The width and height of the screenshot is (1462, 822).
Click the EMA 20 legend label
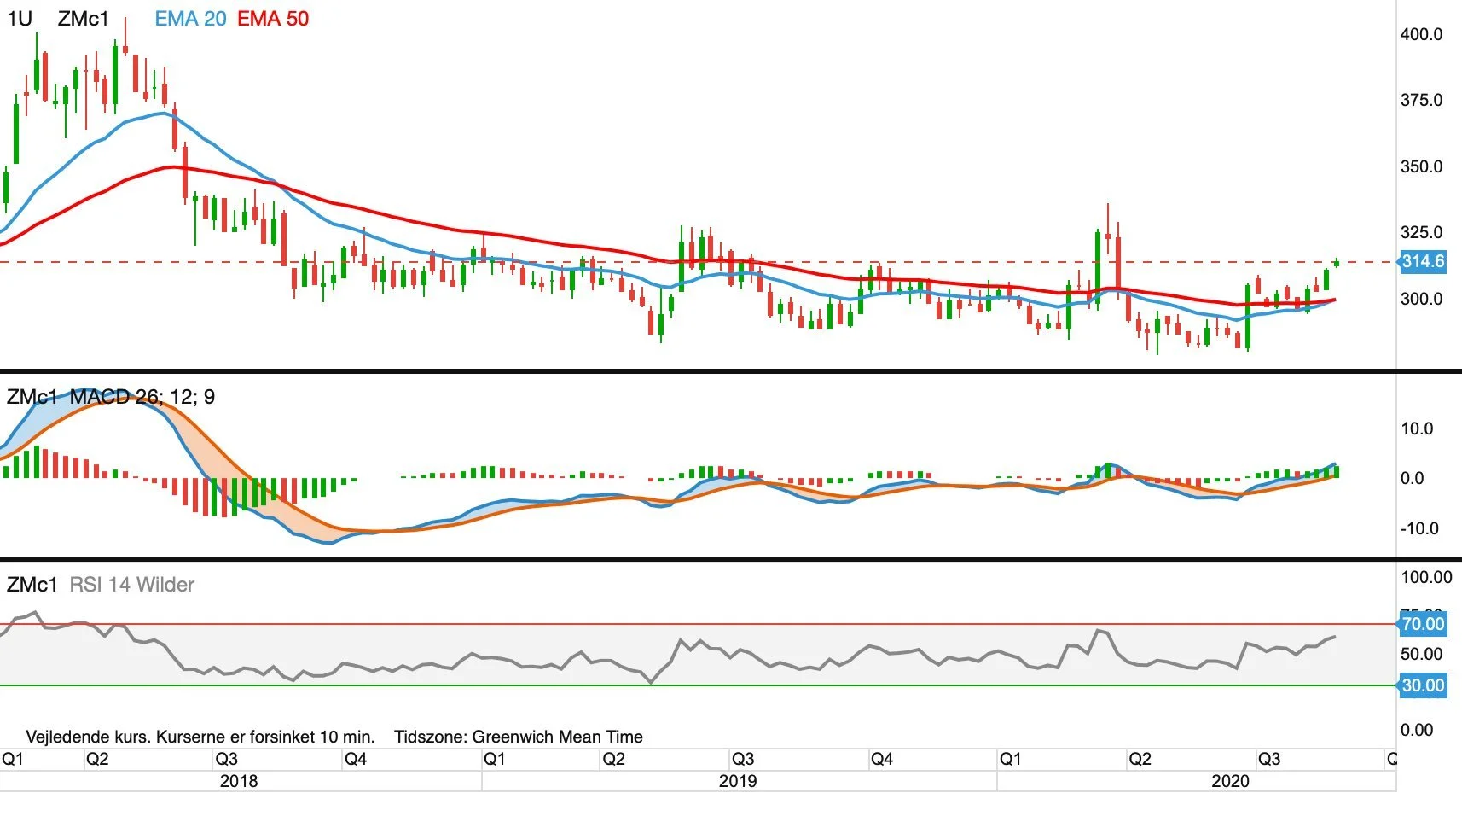(190, 18)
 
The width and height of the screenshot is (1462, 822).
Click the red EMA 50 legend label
(273, 18)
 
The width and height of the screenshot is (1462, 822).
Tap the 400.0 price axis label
(1421, 34)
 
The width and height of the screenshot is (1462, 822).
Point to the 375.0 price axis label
(1421, 100)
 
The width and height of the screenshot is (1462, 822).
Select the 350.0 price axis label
(1421, 166)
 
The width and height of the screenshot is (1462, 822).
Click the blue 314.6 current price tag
(1422, 262)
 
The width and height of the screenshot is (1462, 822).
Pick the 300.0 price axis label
(1421, 299)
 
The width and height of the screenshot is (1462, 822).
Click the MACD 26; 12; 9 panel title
(142, 396)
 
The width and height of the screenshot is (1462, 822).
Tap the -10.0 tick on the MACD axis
(1418, 528)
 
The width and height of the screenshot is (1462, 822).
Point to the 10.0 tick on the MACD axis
(1416, 428)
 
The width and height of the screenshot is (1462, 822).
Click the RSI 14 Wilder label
(132, 584)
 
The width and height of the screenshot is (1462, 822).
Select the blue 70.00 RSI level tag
(1422, 623)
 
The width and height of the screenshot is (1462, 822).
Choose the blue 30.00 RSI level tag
(1422, 685)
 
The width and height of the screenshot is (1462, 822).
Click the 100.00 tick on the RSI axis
(1426, 576)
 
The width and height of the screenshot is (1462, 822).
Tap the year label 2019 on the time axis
(738, 781)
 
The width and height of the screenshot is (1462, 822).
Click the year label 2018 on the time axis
(239, 781)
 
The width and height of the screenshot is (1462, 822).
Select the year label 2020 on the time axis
(1230, 781)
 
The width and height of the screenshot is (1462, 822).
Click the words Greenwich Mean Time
(557, 737)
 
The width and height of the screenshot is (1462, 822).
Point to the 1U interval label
(20, 18)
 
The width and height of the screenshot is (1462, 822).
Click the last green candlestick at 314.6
(1337, 262)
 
